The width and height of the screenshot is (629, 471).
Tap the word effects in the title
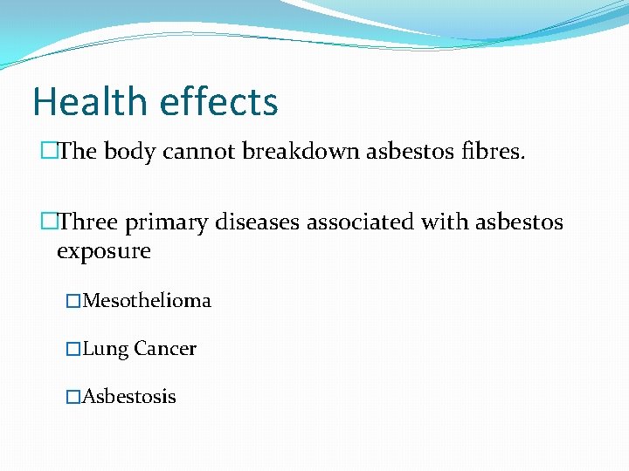coord(218,101)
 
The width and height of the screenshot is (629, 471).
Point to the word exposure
coord(103,253)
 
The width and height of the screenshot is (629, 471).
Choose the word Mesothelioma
coord(147,301)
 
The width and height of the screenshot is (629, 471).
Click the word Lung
coord(106,350)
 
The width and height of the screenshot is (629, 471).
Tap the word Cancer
coord(165,349)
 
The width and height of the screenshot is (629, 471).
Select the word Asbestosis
coord(129,397)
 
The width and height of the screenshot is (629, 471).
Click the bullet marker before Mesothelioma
coord(73,302)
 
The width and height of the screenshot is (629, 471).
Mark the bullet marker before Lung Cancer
coord(73,350)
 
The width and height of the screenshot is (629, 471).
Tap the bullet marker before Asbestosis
coord(73,398)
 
